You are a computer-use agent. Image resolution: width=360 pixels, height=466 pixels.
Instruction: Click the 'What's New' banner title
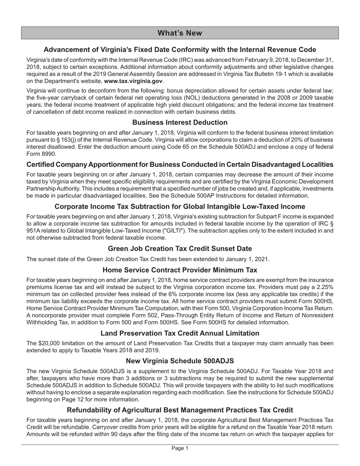click(x=180, y=33)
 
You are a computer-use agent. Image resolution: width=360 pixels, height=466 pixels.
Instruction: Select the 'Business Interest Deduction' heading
click(x=180, y=122)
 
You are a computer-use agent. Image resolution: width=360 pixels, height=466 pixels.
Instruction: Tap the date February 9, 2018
click(x=277, y=60)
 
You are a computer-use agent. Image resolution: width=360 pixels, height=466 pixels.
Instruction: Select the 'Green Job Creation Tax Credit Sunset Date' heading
click(x=180, y=249)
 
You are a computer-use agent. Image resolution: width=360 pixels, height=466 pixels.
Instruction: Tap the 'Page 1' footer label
click(x=180, y=448)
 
